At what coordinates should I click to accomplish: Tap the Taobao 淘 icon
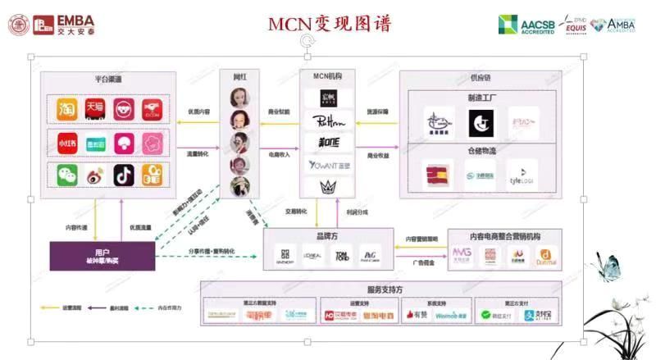(x=66, y=108)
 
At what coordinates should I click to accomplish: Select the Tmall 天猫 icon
(x=94, y=108)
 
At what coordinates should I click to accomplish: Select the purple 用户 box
(x=102, y=256)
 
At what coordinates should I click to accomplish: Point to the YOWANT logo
(x=321, y=166)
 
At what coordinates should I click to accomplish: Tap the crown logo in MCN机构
(x=321, y=188)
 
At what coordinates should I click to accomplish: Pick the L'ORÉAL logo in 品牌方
(x=315, y=255)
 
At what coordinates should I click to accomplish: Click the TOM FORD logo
(x=344, y=255)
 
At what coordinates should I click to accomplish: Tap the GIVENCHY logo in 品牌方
(x=285, y=255)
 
